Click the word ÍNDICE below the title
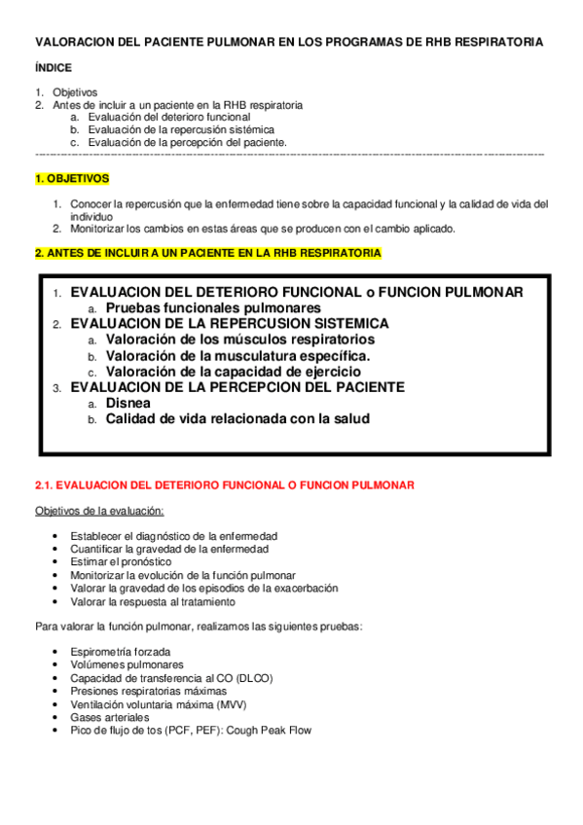point(53,69)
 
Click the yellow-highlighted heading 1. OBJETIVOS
point(72,179)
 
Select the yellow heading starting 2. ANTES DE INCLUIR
point(208,253)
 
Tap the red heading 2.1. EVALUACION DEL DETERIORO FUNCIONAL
point(225,484)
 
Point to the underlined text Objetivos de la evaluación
point(99,512)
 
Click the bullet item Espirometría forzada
point(121,651)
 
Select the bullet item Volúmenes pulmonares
point(127,664)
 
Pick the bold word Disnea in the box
point(129,403)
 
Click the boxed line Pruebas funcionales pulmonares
point(213,307)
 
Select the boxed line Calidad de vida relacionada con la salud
point(237,419)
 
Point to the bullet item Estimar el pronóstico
point(121,561)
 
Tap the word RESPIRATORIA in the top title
point(494,43)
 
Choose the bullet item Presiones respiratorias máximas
point(148,691)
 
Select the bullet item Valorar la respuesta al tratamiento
point(152,601)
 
